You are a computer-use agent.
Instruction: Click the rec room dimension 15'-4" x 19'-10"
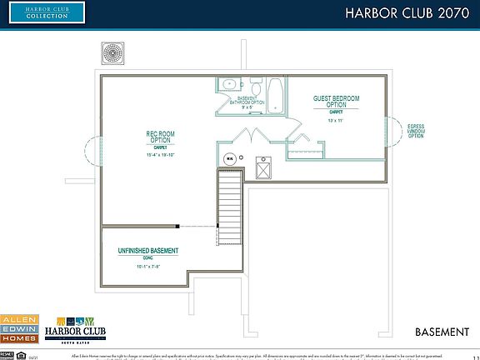(160, 155)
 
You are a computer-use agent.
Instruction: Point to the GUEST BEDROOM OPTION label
(336, 102)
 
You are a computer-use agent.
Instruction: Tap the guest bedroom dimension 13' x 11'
(336, 122)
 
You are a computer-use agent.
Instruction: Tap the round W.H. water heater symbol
(229, 157)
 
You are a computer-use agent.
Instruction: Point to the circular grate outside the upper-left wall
(113, 52)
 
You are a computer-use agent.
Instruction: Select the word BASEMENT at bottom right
(442, 332)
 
